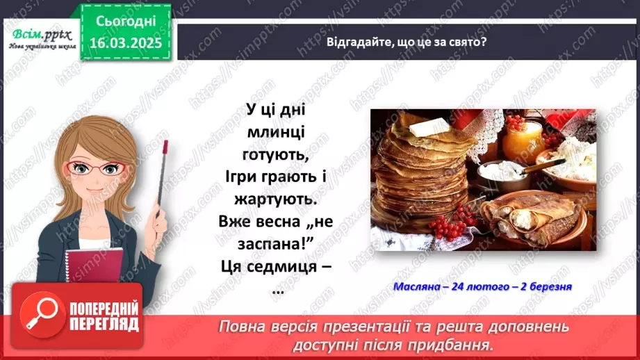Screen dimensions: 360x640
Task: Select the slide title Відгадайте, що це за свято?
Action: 407,41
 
